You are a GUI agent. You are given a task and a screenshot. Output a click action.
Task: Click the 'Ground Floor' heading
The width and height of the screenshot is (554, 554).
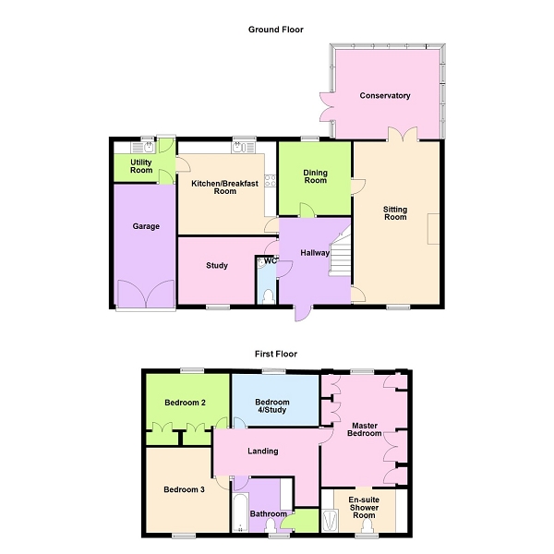coord(275,30)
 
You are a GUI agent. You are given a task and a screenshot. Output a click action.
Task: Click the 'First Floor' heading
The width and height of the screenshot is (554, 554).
coord(276,354)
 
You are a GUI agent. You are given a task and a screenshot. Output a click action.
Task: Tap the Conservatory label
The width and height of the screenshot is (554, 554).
coord(385,96)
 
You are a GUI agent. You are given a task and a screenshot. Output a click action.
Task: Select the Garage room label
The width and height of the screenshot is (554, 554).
coord(145,226)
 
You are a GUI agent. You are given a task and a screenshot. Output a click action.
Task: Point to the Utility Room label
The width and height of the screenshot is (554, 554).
coord(141,166)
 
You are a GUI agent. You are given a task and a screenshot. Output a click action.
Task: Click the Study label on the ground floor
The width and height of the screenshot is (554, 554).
coord(217,266)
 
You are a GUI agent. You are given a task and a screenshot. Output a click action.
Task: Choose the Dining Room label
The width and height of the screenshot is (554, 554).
coord(316,175)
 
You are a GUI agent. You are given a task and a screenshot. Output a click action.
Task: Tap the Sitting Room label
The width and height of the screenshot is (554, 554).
coord(395,213)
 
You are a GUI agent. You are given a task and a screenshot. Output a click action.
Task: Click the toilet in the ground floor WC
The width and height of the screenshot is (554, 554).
coord(267,295)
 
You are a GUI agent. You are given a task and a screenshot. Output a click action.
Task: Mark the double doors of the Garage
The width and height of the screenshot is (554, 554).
coord(145,295)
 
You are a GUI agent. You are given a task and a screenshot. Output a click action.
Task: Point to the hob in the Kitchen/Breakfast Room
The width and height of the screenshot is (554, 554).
coord(270,180)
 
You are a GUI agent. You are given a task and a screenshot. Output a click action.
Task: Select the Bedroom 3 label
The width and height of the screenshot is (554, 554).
coord(185,489)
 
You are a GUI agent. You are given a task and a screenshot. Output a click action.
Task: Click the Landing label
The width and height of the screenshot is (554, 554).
coord(263,452)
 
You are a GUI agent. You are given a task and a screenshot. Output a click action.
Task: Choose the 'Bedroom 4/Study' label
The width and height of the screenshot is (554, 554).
coord(272,406)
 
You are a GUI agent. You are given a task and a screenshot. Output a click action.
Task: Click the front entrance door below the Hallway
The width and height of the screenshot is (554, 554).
coord(302,312)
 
